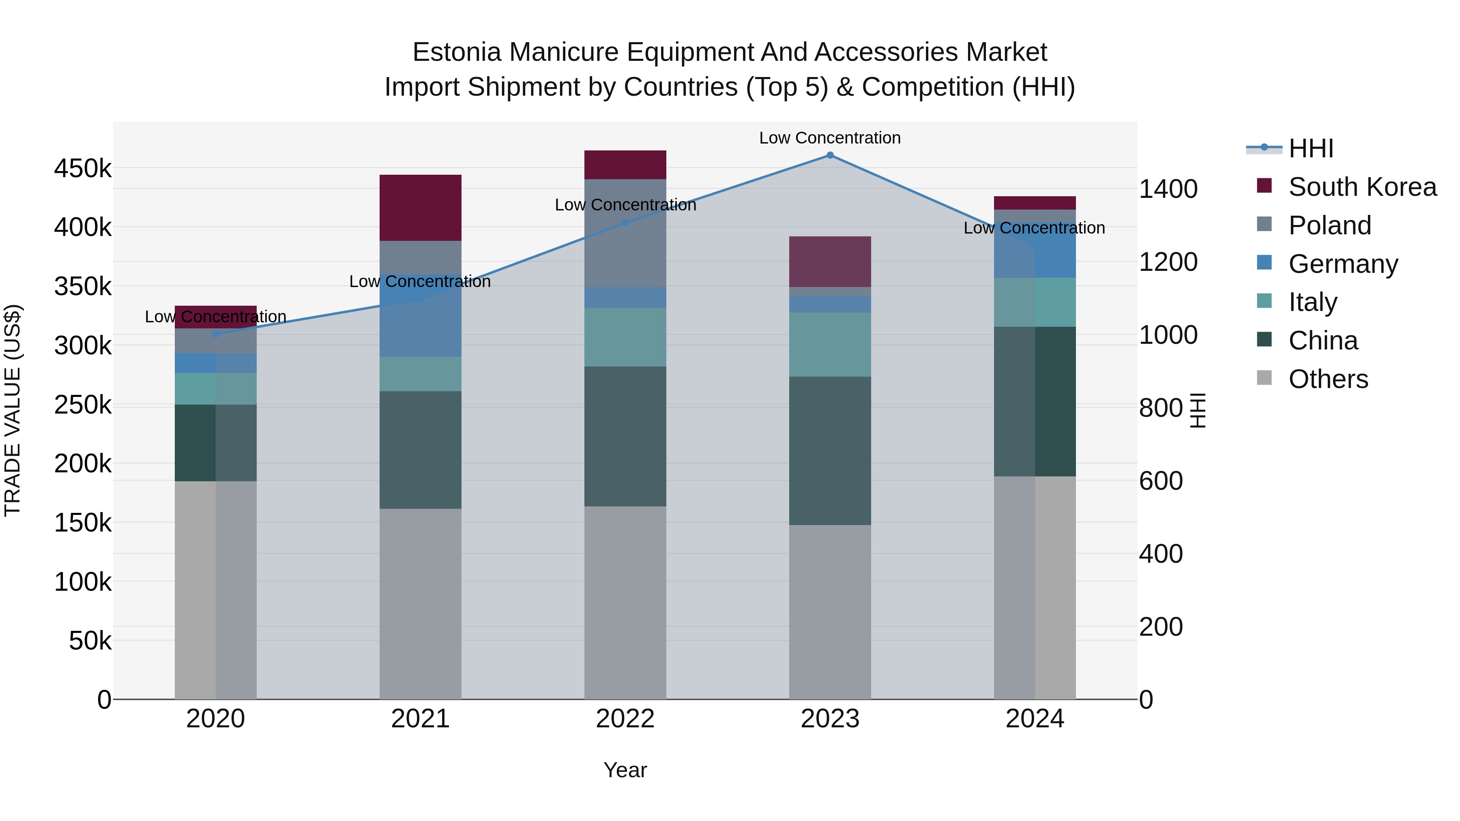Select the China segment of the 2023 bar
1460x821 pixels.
click(x=830, y=450)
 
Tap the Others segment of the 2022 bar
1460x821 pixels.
click(x=625, y=602)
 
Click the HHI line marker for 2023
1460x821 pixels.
click(x=830, y=155)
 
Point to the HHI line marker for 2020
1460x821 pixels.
click(x=215, y=334)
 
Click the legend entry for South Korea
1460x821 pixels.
click(x=1362, y=187)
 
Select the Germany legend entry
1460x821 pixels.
click(x=1343, y=264)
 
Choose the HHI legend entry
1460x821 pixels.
click(x=1310, y=148)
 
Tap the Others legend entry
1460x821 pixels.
click(x=1328, y=379)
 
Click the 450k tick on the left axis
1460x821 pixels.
click(x=83, y=169)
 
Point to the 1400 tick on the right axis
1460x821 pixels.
click(x=1168, y=189)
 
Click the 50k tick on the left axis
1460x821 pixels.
click(x=90, y=641)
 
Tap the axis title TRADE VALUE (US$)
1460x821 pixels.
click(x=13, y=410)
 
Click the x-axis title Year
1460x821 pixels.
click(x=625, y=770)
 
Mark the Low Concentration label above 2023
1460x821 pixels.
click(x=830, y=138)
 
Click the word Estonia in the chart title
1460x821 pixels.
click(x=457, y=52)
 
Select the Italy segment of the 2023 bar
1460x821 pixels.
click(x=830, y=345)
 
